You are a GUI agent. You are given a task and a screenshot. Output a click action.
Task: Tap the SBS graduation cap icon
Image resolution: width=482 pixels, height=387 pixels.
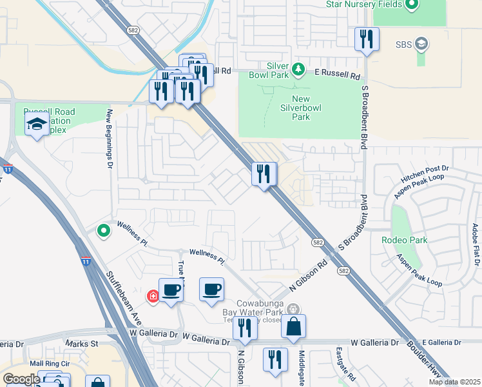(x=422, y=45)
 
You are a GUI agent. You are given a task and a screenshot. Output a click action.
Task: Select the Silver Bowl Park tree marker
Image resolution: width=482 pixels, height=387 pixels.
(x=298, y=68)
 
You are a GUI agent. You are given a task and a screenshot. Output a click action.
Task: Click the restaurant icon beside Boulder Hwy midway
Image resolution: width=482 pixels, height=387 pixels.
(x=263, y=174)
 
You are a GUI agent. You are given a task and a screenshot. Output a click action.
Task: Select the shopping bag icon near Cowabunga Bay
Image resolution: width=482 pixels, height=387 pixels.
(x=293, y=328)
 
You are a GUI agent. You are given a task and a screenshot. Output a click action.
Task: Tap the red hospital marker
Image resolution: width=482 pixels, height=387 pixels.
(x=153, y=297)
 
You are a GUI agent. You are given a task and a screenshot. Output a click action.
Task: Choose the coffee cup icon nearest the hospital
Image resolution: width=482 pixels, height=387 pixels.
(x=171, y=290)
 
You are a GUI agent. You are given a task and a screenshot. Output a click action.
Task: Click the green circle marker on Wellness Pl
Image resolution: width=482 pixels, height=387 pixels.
(x=103, y=230)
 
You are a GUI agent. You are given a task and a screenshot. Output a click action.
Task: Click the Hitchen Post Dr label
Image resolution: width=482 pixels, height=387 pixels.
(x=424, y=170)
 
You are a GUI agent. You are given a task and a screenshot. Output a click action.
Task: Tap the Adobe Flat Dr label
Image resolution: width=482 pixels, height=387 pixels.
(x=475, y=245)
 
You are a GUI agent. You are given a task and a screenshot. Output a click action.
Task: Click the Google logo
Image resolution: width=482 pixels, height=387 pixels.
(x=21, y=379)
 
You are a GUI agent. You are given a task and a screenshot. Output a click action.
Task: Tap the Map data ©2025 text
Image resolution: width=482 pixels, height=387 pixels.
(x=454, y=382)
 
